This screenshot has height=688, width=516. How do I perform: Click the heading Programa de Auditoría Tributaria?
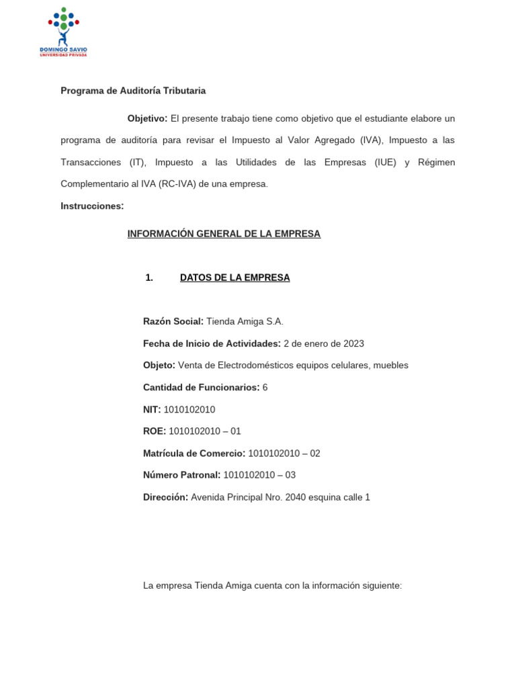133,90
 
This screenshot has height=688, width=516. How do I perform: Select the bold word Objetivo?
147,118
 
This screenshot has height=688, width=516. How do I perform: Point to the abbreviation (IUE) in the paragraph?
385,162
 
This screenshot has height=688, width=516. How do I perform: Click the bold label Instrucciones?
92,206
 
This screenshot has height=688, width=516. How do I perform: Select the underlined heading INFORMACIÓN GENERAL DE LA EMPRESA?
224,234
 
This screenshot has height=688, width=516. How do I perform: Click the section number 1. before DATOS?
149,277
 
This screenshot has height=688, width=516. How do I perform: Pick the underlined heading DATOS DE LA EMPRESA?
234,277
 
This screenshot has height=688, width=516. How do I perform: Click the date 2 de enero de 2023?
323,343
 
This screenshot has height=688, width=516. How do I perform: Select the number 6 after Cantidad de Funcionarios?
265,388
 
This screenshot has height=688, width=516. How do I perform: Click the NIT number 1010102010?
194,409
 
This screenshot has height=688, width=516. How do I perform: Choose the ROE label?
154,431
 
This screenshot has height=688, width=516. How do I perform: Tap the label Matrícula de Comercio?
194,454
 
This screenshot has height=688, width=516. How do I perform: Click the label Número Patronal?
181,475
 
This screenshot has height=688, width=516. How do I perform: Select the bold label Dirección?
165,497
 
